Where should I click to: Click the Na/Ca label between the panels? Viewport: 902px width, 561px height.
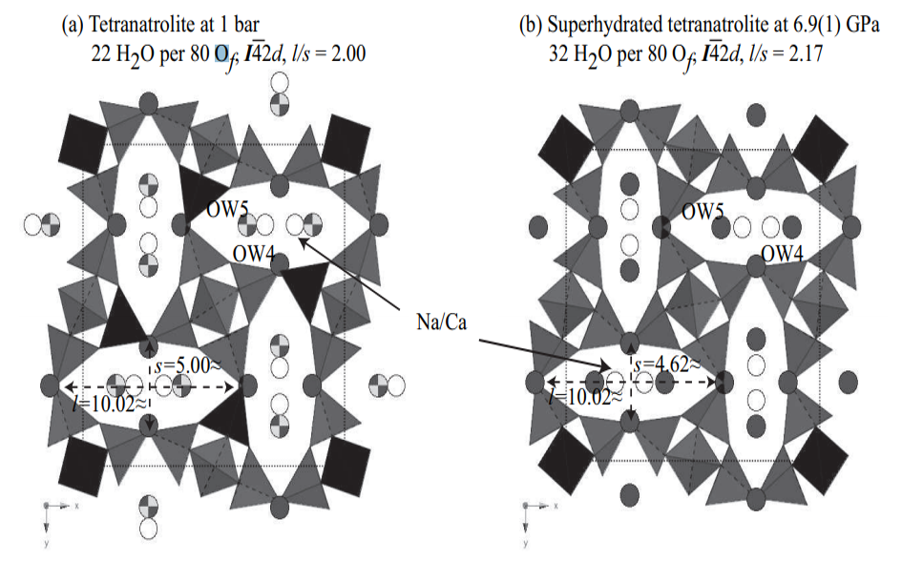[441, 322]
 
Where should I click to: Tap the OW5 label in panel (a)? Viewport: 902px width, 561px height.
[227, 210]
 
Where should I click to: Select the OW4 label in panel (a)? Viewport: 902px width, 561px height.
[253, 253]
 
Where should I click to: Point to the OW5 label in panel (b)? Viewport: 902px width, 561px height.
[703, 212]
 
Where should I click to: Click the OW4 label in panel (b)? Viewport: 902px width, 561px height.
[782, 254]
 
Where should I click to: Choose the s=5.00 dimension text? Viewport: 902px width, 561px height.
[187, 365]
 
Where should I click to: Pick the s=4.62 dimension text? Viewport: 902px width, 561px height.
[667, 364]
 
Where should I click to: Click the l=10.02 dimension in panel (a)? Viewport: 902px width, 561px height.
[110, 404]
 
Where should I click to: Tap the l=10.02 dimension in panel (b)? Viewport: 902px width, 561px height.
[586, 397]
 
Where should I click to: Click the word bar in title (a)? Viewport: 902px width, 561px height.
[245, 24]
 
